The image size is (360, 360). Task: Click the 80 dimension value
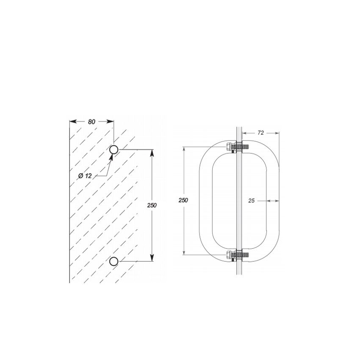(91, 122)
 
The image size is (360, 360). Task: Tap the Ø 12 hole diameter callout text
(85, 176)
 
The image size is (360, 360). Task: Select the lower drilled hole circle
(114, 261)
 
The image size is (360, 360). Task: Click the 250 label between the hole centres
(152, 205)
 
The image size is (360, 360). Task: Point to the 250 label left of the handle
(183, 200)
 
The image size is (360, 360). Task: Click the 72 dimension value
(260, 133)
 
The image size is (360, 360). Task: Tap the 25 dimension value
(252, 201)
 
